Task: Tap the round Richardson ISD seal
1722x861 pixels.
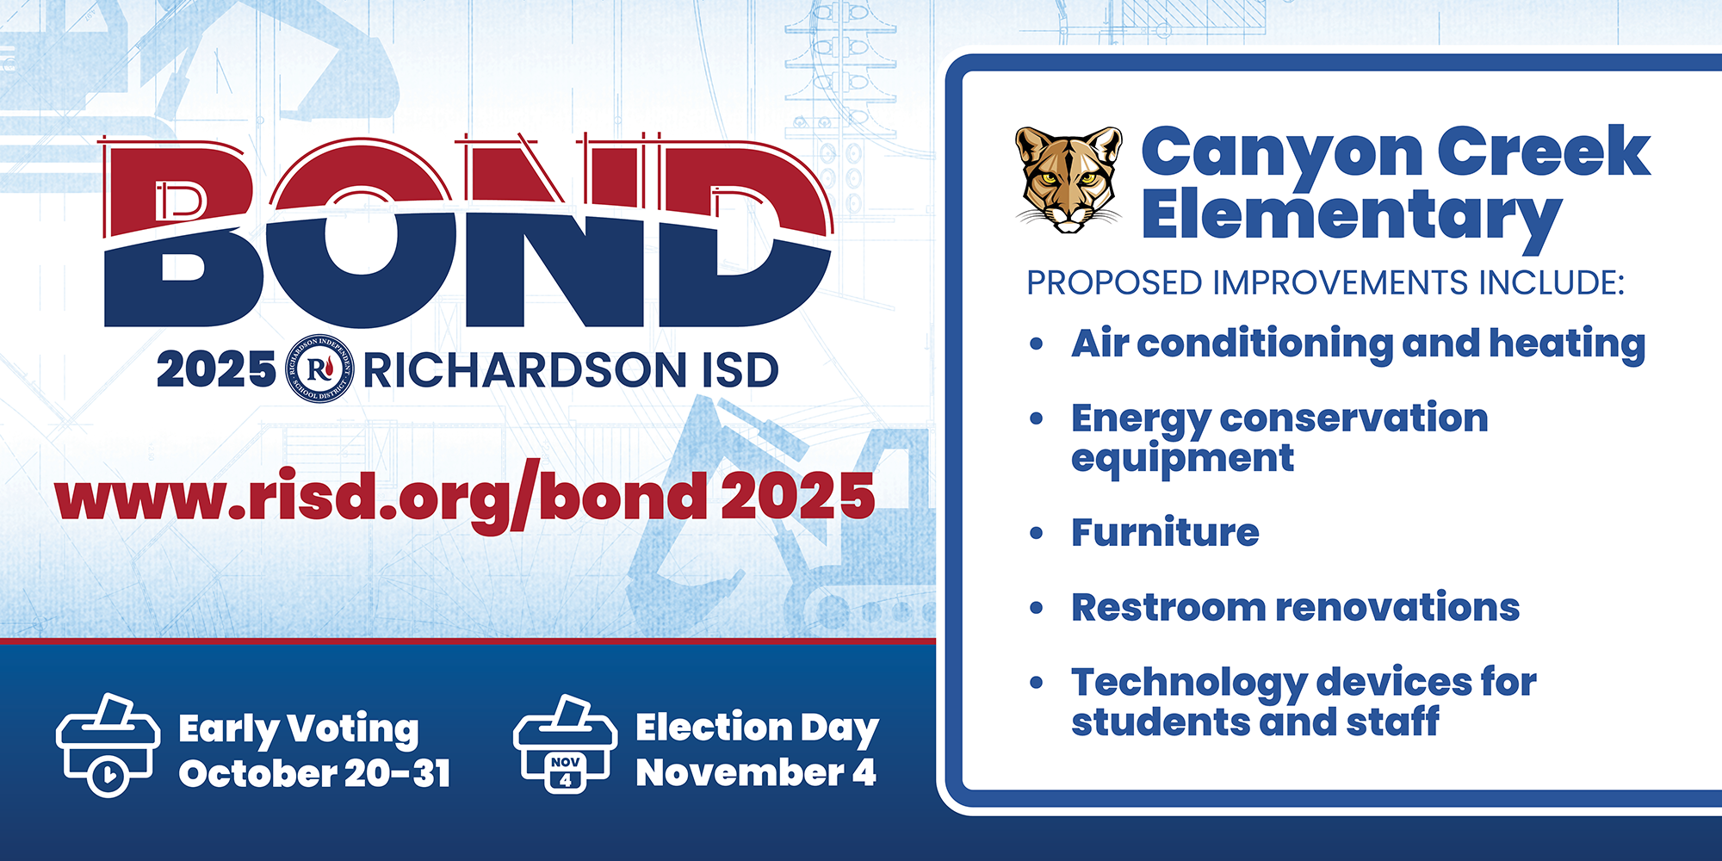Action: click(319, 369)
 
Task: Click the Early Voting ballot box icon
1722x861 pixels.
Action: click(108, 745)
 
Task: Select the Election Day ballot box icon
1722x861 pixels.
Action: click(565, 745)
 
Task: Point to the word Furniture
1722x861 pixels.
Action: click(1165, 532)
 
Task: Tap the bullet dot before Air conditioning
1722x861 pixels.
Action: click(1037, 344)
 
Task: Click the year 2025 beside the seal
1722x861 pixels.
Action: click(216, 370)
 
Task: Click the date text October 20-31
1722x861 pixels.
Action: click(314, 773)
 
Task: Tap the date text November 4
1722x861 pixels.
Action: click(756, 771)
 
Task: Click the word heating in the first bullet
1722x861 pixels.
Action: click(1567, 344)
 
